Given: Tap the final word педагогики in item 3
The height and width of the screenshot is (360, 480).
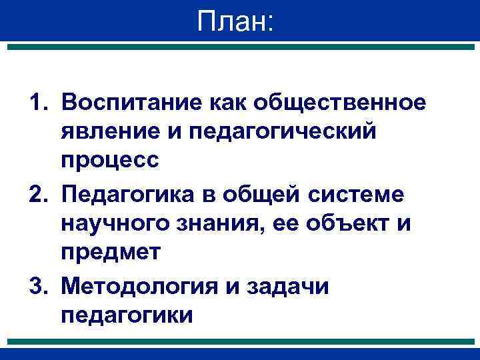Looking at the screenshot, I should coord(127,315).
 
